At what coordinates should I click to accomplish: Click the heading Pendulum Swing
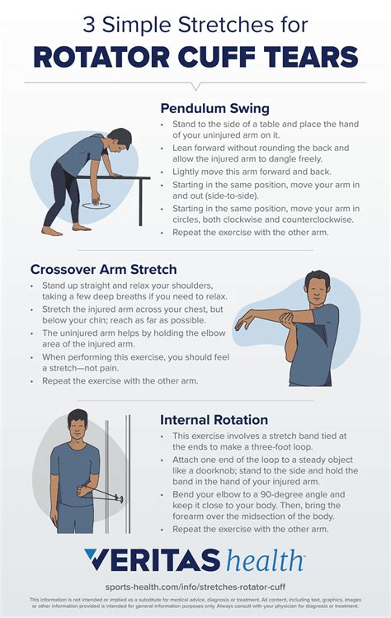click(x=214, y=108)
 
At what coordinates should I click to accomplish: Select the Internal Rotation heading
click(x=214, y=419)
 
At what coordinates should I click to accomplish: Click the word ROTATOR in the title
click(x=104, y=57)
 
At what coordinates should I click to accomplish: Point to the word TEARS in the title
click(x=315, y=57)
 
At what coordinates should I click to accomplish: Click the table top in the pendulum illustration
click(x=124, y=176)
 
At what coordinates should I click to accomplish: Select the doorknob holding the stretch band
click(x=120, y=498)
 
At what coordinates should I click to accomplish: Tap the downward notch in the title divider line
click(x=195, y=85)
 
